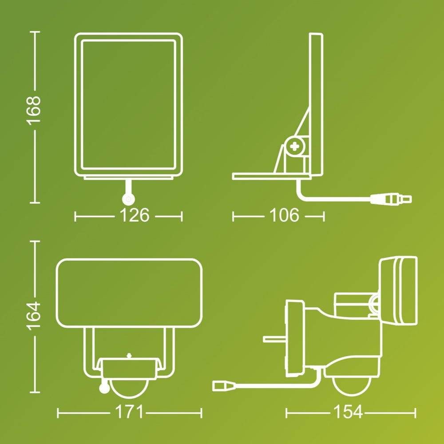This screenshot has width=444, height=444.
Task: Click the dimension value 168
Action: (33, 110)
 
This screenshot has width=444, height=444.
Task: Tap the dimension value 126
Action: (135, 215)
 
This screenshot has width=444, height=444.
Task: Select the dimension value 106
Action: (284, 215)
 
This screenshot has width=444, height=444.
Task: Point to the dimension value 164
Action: (33, 316)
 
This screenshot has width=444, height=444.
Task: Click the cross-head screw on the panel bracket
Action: (295, 147)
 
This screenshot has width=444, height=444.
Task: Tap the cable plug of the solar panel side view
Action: (391, 198)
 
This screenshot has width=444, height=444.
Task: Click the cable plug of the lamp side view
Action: (224, 385)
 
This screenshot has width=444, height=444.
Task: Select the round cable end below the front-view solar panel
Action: (128, 199)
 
